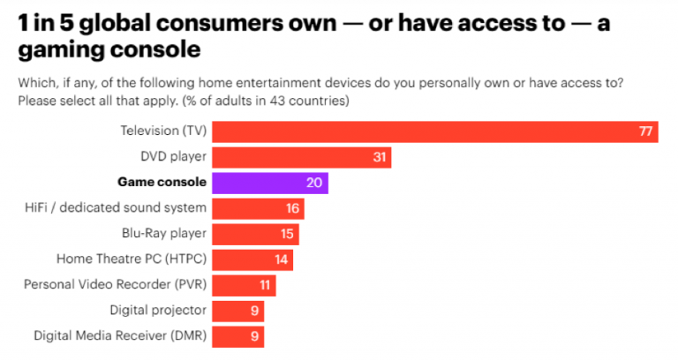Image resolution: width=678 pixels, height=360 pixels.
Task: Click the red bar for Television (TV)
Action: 435,131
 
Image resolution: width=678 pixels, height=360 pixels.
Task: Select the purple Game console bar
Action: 270,183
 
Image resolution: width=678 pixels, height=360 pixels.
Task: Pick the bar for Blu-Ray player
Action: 256,234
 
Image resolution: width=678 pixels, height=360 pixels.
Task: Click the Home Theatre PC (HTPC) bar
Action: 252,259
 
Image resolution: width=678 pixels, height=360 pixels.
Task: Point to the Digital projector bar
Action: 238,311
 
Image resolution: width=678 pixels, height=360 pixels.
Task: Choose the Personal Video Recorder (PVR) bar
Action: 245,285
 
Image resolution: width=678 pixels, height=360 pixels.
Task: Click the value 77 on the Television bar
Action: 645,131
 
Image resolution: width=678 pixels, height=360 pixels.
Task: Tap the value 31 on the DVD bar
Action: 379,158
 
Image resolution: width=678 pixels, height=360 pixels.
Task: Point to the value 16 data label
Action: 292,209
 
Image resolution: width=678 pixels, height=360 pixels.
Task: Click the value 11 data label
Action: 264,286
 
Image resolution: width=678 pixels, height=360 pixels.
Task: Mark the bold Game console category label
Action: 162,183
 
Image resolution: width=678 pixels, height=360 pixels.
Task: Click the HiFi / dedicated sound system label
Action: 117,208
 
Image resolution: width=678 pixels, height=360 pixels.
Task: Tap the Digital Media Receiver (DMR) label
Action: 120,336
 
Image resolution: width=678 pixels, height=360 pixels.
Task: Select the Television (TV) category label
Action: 163,131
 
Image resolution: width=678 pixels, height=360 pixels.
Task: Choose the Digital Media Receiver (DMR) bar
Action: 238,336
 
